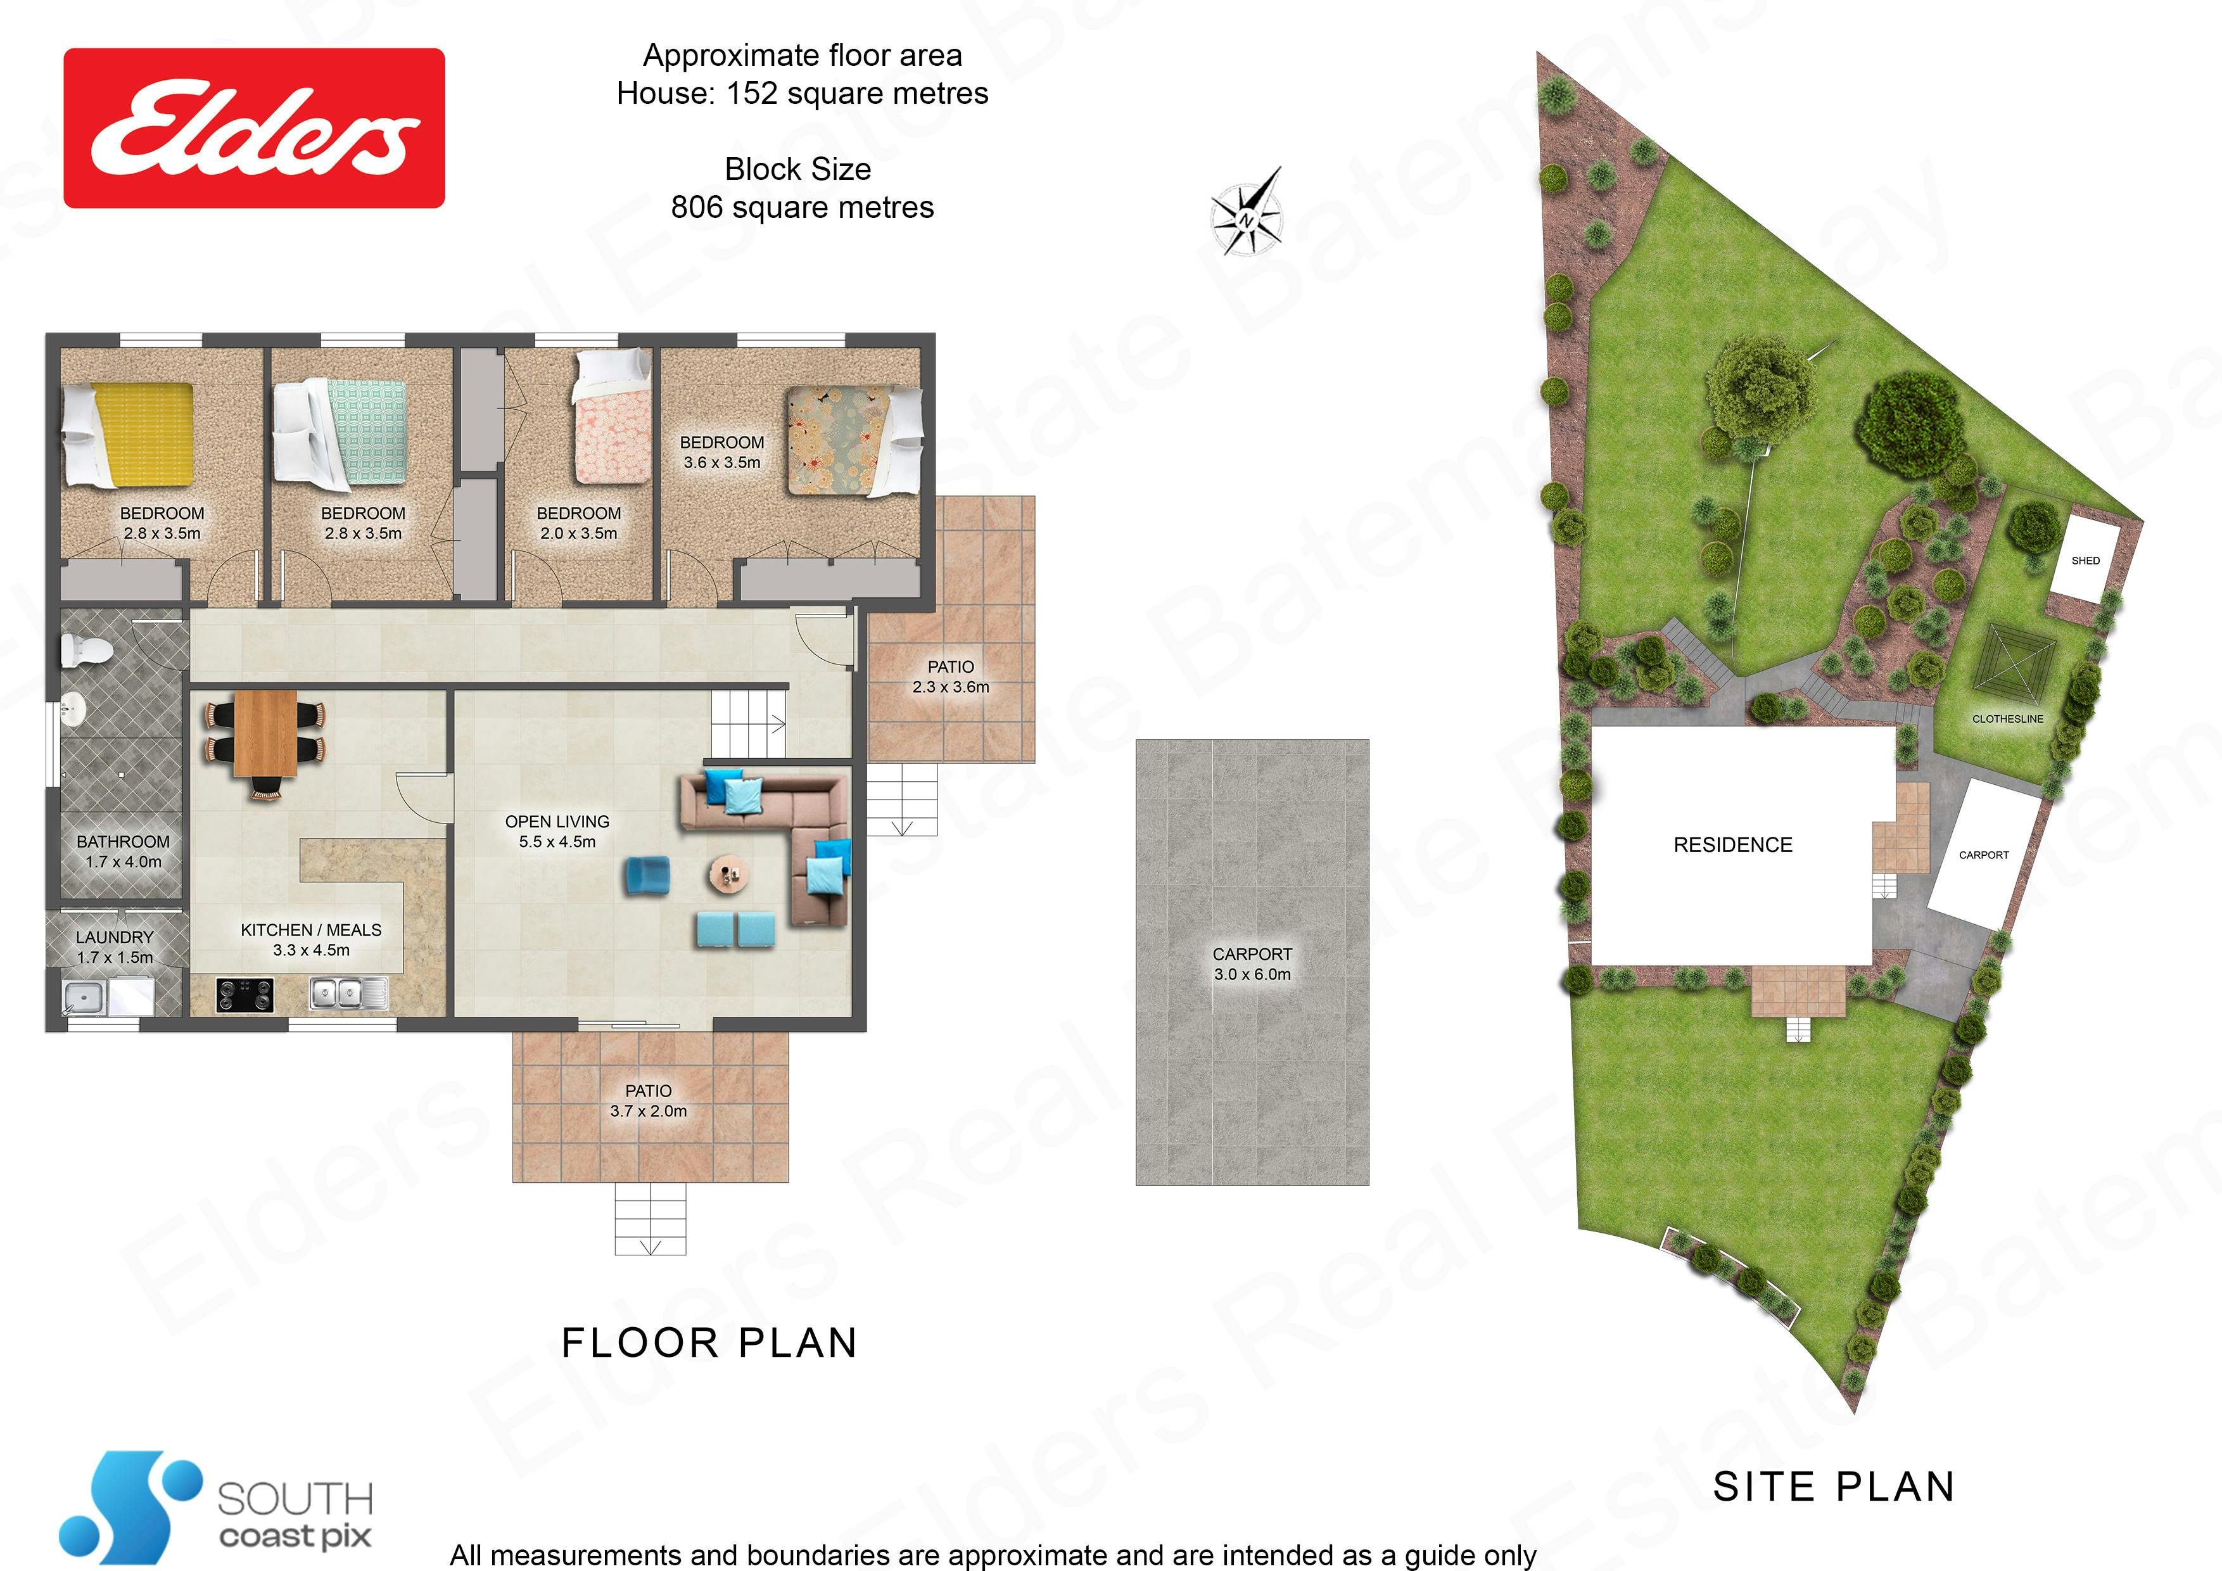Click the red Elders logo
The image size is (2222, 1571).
coord(253,128)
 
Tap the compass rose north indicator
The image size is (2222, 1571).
coord(1247,211)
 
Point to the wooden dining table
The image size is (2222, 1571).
coord(265,733)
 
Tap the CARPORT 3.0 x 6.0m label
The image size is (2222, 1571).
coord(1252,964)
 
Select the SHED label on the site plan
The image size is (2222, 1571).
coord(2086,561)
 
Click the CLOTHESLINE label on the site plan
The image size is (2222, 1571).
coord(2008,719)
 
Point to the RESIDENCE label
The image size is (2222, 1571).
coord(1733,845)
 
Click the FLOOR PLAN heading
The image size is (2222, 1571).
coord(709,1342)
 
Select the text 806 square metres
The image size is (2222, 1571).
coord(803,207)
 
